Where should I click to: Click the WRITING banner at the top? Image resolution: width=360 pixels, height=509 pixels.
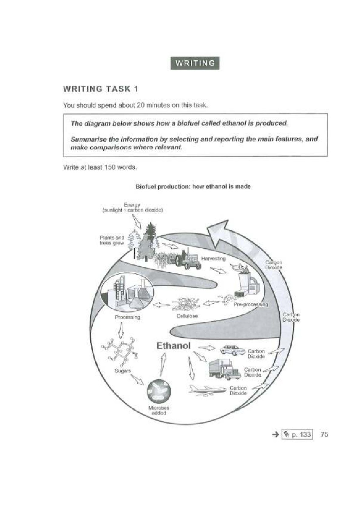pyautogui.click(x=195, y=63)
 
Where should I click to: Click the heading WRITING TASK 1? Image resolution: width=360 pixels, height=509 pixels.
pyautogui.click(x=100, y=89)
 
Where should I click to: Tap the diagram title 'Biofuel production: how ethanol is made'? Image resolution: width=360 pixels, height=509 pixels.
pyautogui.click(x=193, y=187)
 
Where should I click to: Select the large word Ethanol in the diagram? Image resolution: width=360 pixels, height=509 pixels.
pyautogui.click(x=173, y=346)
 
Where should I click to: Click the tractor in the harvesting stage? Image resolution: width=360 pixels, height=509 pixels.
pyautogui.click(x=188, y=260)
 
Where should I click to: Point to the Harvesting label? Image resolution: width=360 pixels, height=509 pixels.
pyautogui.click(x=213, y=258)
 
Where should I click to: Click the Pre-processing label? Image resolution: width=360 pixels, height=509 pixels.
pyautogui.click(x=250, y=305)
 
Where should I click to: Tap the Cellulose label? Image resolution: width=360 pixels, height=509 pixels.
pyautogui.click(x=187, y=316)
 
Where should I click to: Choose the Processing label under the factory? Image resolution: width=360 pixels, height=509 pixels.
pyautogui.click(x=127, y=317)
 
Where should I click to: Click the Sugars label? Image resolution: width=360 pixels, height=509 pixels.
pyautogui.click(x=122, y=371)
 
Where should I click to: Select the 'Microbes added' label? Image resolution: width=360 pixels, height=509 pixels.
pyautogui.click(x=159, y=410)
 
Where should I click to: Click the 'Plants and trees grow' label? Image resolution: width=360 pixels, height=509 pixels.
pyautogui.click(x=112, y=240)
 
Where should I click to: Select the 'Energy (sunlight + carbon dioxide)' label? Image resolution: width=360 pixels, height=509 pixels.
pyautogui.click(x=133, y=207)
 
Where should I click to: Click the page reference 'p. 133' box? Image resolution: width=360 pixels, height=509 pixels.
pyautogui.click(x=297, y=435)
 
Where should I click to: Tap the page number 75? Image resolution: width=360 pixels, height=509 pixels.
pyautogui.click(x=324, y=434)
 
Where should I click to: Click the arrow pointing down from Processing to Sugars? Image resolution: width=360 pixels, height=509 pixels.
pyautogui.click(x=121, y=330)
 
